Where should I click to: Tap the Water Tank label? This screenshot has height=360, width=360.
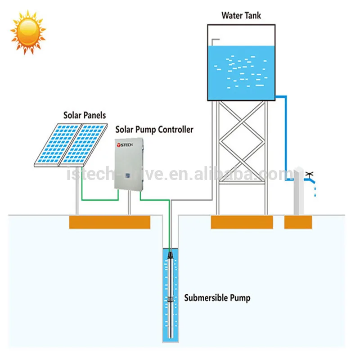241,15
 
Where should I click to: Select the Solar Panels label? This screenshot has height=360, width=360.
85,115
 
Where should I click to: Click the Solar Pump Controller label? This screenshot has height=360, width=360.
154,130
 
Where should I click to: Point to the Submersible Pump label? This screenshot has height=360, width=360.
217,297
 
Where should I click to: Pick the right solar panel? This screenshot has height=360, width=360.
85,144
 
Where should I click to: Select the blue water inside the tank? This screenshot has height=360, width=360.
241,72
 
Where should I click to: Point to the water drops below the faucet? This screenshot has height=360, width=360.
315,190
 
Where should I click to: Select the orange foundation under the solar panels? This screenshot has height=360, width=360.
109,222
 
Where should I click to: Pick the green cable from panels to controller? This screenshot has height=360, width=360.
99,199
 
